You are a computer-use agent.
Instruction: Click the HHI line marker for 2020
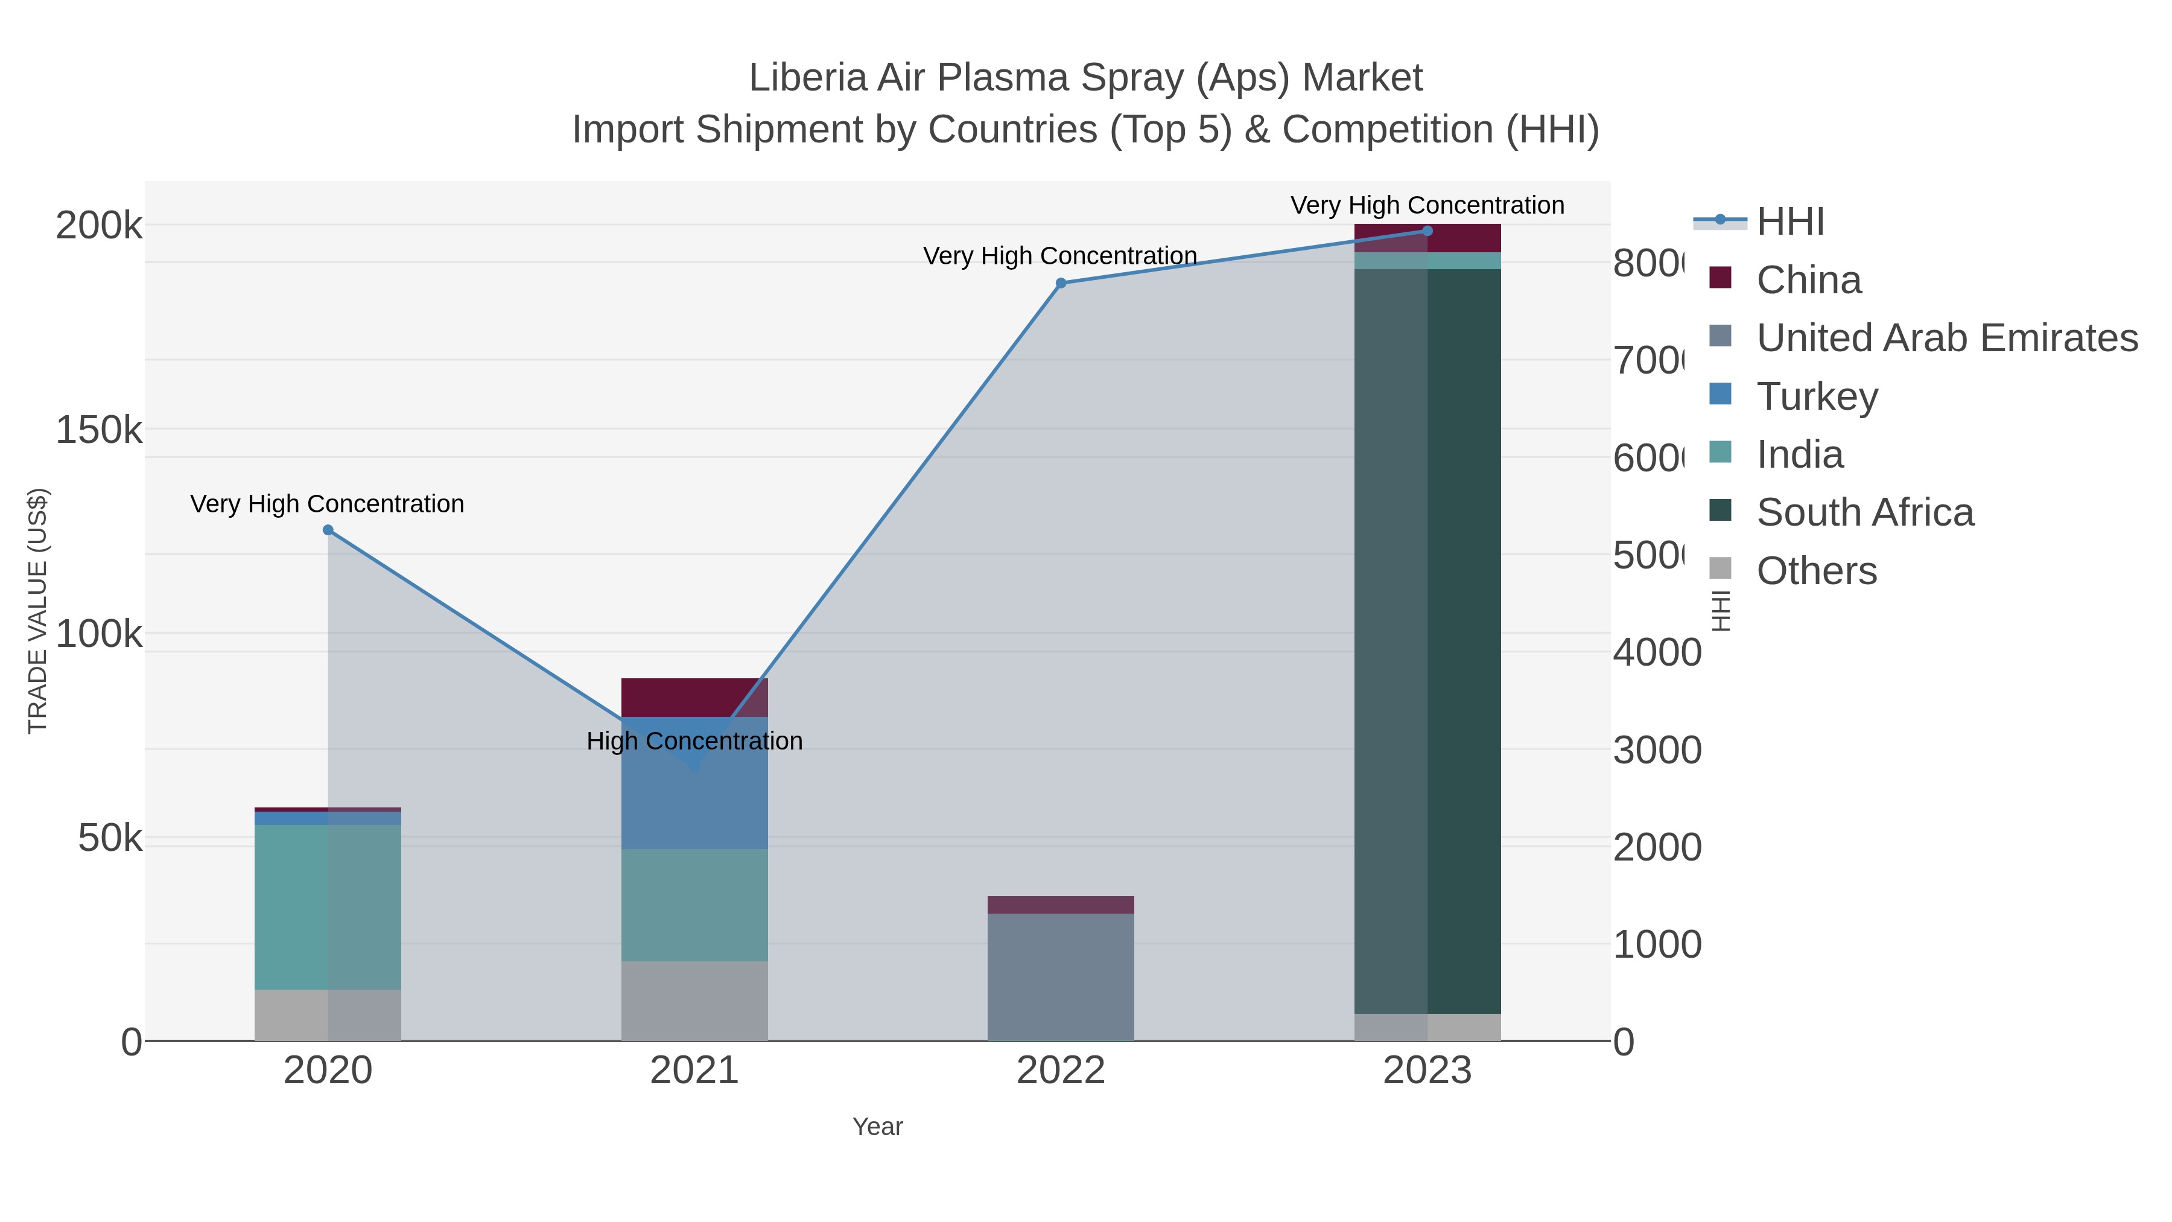(x=328, y=530)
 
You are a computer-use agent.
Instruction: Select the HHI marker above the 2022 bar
(x=1061, y=284)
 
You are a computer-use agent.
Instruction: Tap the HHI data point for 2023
(x=1427, y=231)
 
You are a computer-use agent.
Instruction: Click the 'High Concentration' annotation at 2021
(x=694, y=741)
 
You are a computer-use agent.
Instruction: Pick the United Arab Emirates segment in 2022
(x=1061, y=976)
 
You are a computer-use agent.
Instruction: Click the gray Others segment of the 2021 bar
(x=694, y=1001)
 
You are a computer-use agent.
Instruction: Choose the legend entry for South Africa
(x=1864, y=513)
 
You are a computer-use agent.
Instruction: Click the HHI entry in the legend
(x=1789, y=222)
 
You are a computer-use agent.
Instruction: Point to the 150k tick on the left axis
(x=99, y=430)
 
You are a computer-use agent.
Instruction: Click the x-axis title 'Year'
(x=877, y=1127)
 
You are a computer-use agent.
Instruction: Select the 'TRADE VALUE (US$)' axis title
(x=38, y=611)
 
